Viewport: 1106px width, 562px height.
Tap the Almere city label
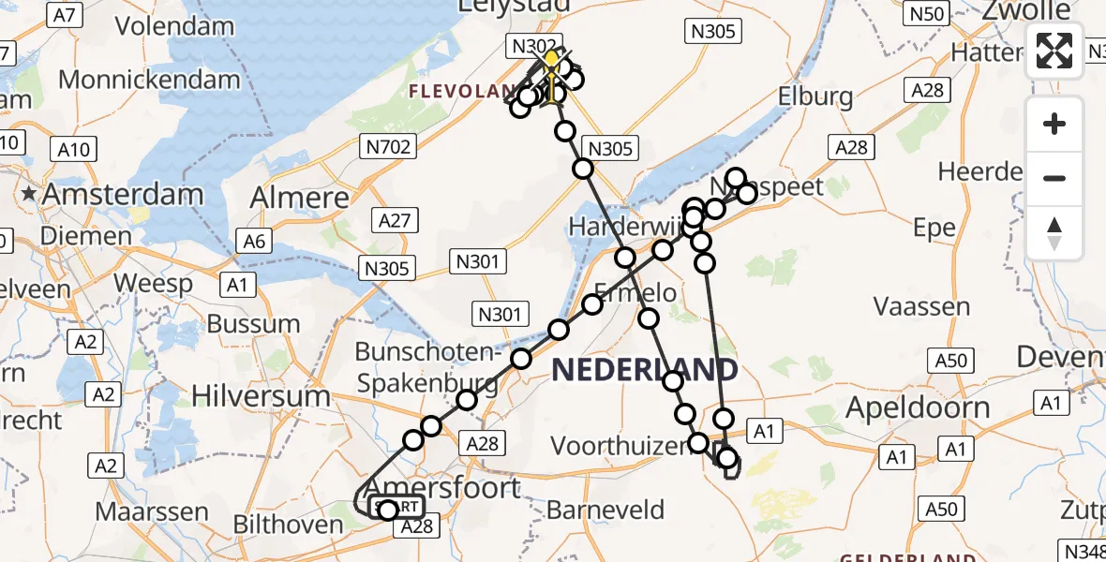(300, 198)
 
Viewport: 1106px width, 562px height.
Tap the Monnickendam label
(149, 79)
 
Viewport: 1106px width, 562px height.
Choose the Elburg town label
(815, 96)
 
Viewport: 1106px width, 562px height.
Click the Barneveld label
(605, 510)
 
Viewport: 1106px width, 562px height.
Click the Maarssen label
(152, 511)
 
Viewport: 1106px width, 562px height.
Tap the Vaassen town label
(921, 306)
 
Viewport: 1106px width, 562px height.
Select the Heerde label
(980, 172)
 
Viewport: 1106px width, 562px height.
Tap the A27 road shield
(395, 220)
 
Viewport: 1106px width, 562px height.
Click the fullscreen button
(1054, 51)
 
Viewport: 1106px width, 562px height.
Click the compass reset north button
(1054, 232)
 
